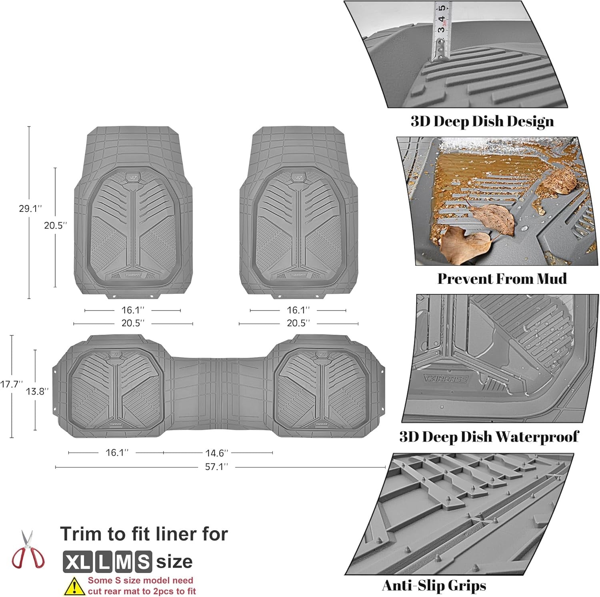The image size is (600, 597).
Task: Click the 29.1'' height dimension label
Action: coord(30,208)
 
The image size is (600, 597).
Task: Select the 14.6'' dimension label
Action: coord(217,453)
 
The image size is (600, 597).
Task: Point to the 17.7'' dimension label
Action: coord(11,384)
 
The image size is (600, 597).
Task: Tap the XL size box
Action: coord(78,561)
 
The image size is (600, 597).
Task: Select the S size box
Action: coord(143,561)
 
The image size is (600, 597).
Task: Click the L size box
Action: coord(103,561)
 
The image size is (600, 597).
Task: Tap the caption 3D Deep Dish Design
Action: coord(482,121)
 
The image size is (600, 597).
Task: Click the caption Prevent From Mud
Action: coord(502,278)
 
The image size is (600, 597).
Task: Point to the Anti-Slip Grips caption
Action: coord(434,585)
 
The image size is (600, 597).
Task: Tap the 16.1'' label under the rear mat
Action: coord(117,453)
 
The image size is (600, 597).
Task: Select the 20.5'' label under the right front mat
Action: coord(298,323)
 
